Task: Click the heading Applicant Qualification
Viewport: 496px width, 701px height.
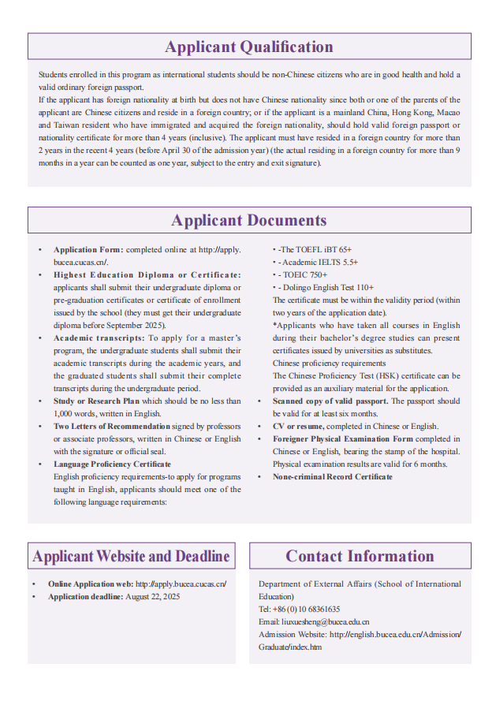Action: point(249,47)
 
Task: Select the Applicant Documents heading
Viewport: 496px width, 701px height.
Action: point(249,220)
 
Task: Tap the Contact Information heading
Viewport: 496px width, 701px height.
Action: point(360,556)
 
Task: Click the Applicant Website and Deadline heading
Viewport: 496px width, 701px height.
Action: point(131,556)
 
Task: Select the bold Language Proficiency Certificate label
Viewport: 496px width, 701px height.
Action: point(112,464)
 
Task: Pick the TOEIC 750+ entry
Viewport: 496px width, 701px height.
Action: point(304,275)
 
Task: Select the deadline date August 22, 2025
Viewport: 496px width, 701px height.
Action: point(153,597)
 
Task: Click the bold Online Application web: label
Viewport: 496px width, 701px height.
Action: point(91,584)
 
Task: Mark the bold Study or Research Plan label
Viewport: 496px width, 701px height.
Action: point(96,401)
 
